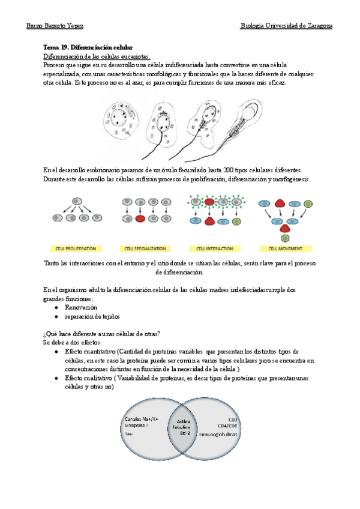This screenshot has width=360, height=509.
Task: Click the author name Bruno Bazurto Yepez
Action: (55, 26)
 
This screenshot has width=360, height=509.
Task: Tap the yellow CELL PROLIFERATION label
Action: (75, 248)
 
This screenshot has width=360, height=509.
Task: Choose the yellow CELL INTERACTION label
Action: (211, 248)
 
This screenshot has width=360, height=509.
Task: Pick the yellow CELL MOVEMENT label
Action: (281, 248)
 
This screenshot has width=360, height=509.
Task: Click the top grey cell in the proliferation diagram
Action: (76, 200)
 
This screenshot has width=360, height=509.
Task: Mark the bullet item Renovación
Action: (81, 307)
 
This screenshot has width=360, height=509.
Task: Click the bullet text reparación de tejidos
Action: (92, 316)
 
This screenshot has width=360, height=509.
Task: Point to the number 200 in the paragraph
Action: (228, 170)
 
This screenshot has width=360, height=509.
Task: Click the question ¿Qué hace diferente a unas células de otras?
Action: (101, 334)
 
